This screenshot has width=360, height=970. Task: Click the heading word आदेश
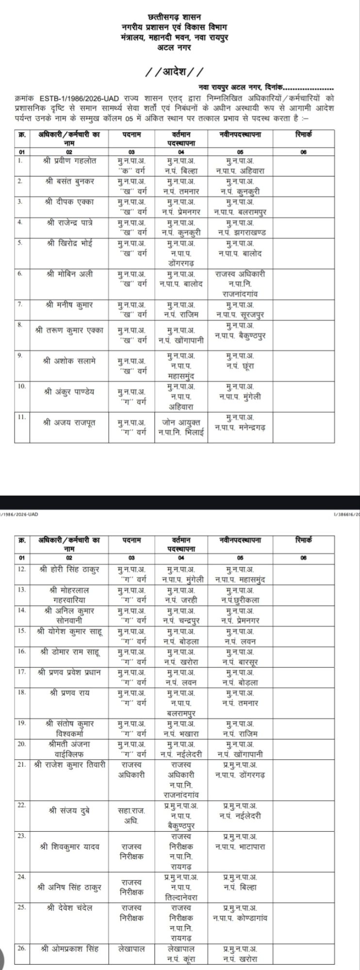click(174, 73)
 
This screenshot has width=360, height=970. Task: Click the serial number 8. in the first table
click(20, 324)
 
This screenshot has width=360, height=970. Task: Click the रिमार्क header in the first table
click(303, 134)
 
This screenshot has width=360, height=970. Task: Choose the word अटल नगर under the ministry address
click(174, 47)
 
